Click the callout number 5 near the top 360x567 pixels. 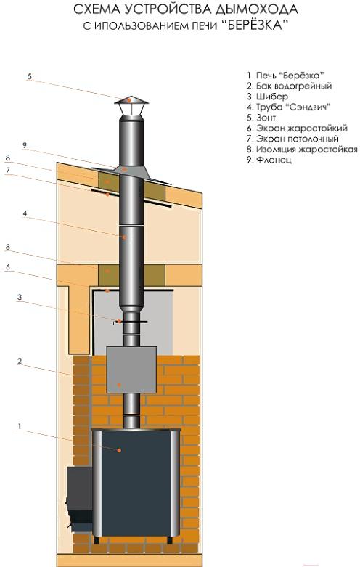30,76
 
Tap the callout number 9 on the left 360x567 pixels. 25,145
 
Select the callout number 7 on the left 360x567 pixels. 7,170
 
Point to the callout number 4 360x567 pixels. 25,213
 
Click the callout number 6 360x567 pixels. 7,267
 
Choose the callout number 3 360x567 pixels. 20,297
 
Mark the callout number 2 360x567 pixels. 20,361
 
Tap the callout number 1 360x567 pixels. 20,426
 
